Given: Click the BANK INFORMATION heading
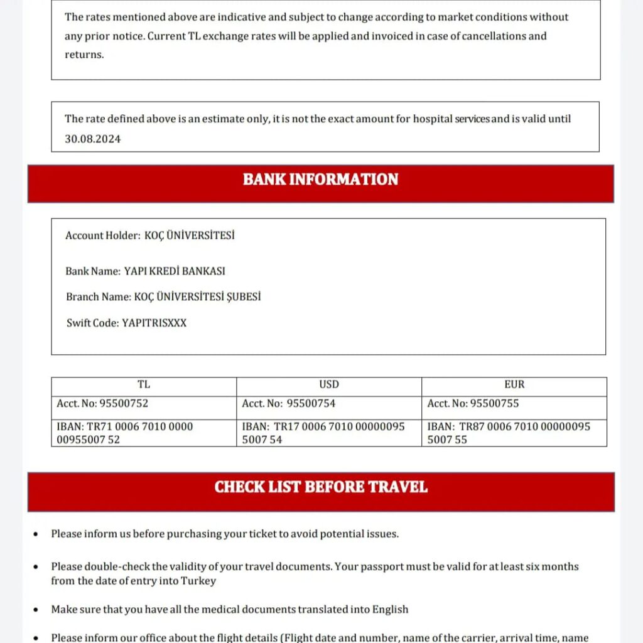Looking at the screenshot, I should click(x=320, y=180).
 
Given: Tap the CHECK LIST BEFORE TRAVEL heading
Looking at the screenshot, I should click(x=321, y=487).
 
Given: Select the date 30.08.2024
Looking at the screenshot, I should click(x=93, y=139).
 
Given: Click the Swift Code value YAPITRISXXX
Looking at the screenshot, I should click(x=154, y=323).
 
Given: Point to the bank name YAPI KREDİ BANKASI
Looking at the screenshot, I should click(x=175, y=271).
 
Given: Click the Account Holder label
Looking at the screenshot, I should click(x=102, y=235).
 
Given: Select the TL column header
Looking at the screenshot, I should click(x=144, y=384).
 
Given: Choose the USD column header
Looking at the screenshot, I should click(x=328, y=384).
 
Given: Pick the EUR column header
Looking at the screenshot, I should click(x=514, y=384).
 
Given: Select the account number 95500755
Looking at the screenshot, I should click(x=495, y=403).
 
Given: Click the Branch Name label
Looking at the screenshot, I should click(x=99, y=296).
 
